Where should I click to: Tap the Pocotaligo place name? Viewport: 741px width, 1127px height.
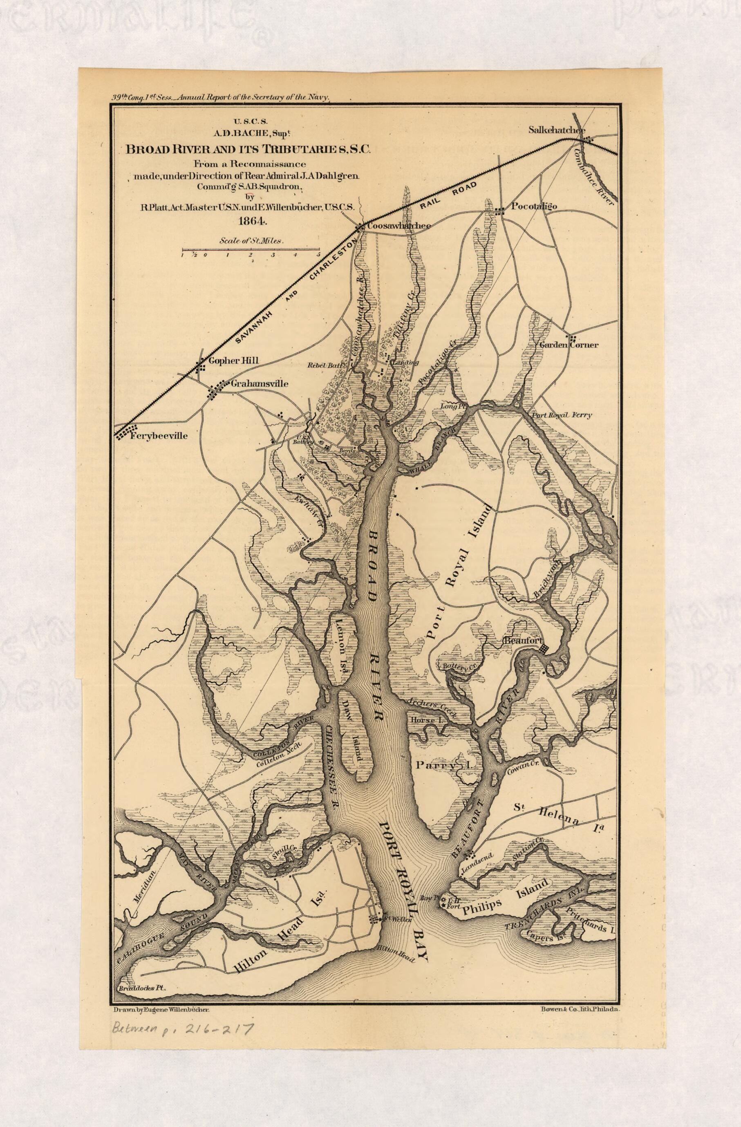pyautogui.click(x=534, y=206)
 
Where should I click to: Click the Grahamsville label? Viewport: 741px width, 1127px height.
pyautogui.click(x=259, y=383)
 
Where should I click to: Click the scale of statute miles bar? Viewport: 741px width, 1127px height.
pyautogui.click(x=251, y=249)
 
